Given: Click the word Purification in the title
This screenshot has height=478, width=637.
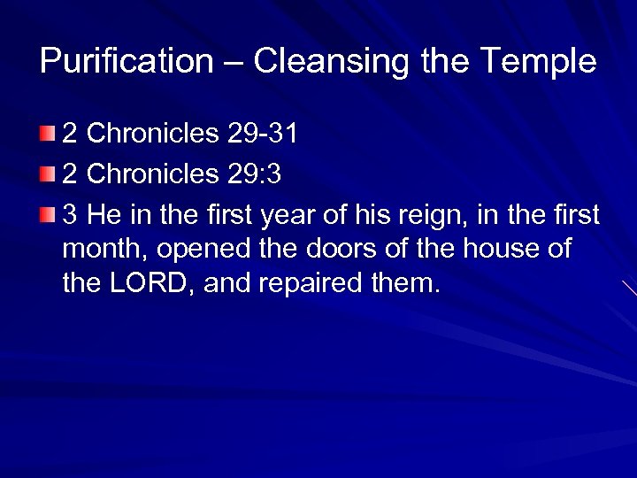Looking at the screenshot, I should pyautogui.click(x=127, y=62).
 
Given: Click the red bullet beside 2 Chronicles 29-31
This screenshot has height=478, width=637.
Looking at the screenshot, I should pyautogui.click(x=46, y=135).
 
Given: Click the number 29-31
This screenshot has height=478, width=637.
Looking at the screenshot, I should pyautogui.click(x=262, y=134).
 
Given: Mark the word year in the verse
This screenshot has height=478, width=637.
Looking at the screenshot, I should pyautogui.click(x=271, y=215).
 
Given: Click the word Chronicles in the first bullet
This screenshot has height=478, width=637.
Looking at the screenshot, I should pyautogui.click(x=153, y=134).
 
